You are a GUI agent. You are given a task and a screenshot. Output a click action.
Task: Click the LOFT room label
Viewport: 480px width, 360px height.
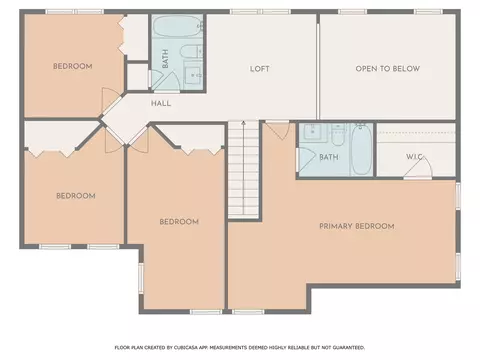pyautogui.click(x=260, y=69)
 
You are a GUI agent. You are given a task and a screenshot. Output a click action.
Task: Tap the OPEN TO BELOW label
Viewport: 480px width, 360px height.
pyautogui.click(x=388, y=69)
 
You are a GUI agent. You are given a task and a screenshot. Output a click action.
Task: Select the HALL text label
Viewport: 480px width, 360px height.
pyautogui.click(x=161, y=103)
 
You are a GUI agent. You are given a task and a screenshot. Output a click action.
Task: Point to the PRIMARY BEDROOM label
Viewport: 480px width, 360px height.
pyautogui.click(x=357, y=226)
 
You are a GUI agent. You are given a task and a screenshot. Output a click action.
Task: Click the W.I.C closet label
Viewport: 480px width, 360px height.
pyautogui.click(x=414, y=157)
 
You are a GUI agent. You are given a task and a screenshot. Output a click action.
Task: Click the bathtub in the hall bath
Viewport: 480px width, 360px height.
pyautogui.click(x=179, y=26)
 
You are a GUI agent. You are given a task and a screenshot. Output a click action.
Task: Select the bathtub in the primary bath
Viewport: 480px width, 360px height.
pyautogui.click(x=362, y=149)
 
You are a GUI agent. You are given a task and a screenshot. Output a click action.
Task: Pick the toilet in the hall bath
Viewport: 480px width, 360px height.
pyautogui.click(x=192, y=51)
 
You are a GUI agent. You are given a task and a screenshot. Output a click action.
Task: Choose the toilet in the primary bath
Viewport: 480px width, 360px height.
pyautogui.click(x=338, y=135)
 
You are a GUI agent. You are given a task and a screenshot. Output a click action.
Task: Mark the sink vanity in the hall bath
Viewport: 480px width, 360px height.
pyautogui.click(x=193, y=75)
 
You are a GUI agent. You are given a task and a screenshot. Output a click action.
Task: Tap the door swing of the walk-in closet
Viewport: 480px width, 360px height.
pyautogui.click(x=419, y=168)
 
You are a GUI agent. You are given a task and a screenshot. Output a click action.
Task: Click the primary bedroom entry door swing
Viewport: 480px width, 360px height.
pyautogui.click(x=277, y=131)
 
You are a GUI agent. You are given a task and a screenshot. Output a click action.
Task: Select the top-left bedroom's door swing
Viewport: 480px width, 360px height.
pyautogui.click(x=108, y=101)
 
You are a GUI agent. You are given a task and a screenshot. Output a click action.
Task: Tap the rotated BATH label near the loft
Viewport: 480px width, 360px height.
pyautogui.click(x=165, y=59)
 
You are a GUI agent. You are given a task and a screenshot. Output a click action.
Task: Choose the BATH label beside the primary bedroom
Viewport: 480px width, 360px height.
pyautogui.click(x=329, y=157)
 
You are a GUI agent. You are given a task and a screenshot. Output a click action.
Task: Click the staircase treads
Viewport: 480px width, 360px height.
pyautogui.click(x=243, y=170)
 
